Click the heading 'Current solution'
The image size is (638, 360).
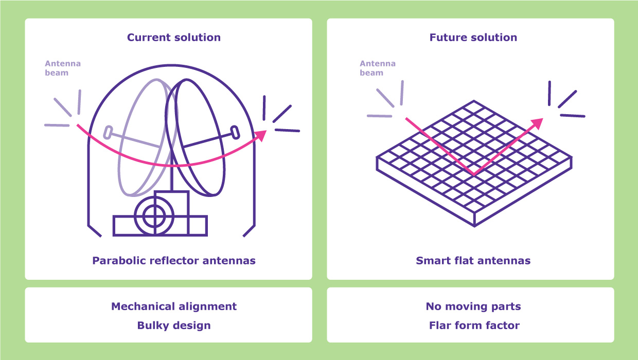click(x=174, y=38)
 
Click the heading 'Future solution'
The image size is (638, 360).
click(x=473, y=38)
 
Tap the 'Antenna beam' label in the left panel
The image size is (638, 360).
click(x=63, y=68)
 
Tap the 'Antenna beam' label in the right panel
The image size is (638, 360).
click(x=378, y=68)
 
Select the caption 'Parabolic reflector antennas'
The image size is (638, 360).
click(x=174, y=260)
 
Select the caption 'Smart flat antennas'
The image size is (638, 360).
click(x=473, y=260)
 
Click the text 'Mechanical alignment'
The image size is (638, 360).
click(x=174, y=307)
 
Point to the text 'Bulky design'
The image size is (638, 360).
click(x=174, y=326)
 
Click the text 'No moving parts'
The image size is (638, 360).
click(x=473, y=307)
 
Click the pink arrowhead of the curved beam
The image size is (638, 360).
click(x=261, y=135)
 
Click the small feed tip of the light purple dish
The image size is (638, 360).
click(x=108, y=132)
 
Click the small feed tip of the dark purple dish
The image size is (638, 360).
click(x=235, y=132)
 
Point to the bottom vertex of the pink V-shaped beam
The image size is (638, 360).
click(x=474, y=174)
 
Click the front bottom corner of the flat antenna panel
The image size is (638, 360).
click(x=474, y=225)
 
